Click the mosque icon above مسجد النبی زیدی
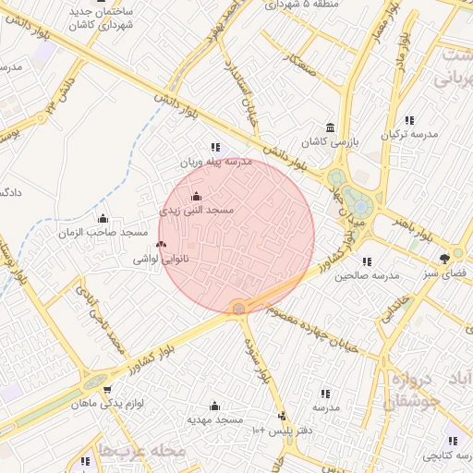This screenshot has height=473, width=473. [195, 197]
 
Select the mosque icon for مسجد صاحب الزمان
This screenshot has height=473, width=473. [103, 219]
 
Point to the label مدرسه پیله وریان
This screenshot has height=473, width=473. [215, 161]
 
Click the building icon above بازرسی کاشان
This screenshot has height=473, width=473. [330, 128]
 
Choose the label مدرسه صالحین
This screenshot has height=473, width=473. [367, 275]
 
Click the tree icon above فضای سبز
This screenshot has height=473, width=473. [445, 259]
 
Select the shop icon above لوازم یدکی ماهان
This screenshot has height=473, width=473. [107, 390]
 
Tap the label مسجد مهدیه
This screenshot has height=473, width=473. [214, 418]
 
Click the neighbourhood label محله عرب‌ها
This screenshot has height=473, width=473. [147, 450]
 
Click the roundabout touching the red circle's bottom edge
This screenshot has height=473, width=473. [239, 308]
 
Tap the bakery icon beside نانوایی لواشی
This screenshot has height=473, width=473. [163, 244]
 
